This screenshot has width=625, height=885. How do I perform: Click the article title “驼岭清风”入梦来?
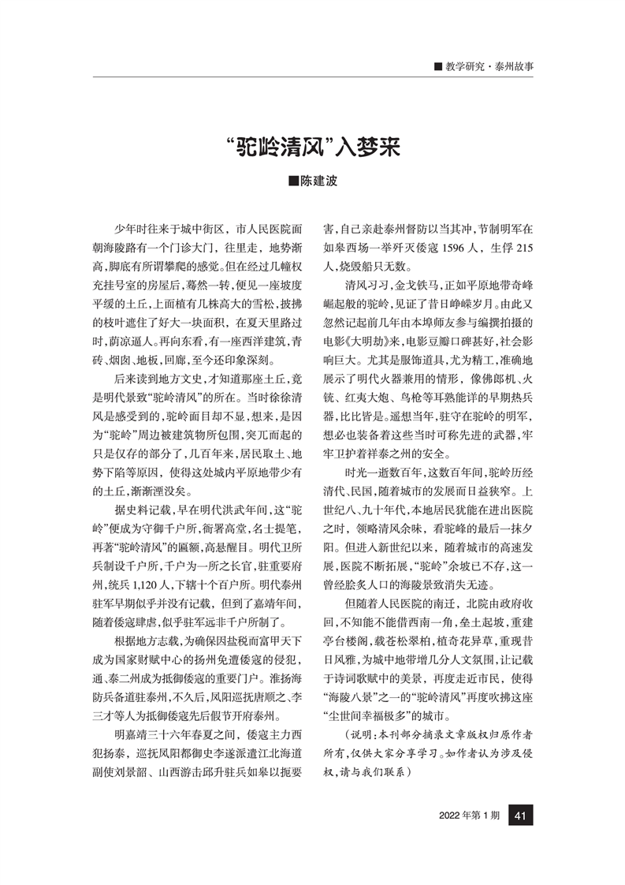[312, 147]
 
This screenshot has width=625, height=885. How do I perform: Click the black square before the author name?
[293, 181]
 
